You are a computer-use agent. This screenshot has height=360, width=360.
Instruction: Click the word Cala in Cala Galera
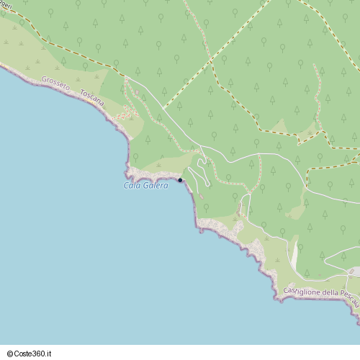[132, 186]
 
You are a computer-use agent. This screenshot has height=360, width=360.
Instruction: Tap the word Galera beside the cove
[154, 186]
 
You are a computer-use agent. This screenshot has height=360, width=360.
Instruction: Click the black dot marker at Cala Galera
[180, 180]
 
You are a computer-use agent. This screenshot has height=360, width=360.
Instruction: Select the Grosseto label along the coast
[55, 84]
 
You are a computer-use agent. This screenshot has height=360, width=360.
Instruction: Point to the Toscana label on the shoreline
[92, 99]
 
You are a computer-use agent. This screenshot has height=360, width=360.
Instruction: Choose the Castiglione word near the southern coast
[301, 291]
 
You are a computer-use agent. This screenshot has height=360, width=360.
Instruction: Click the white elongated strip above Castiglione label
[294, 256]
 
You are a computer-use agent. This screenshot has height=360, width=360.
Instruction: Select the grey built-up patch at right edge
[354, 271]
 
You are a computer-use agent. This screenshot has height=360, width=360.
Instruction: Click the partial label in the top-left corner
[6, 4]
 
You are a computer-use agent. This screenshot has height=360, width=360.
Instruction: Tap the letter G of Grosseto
[44, 79]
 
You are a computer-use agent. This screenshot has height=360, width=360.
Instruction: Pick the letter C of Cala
[127, 186]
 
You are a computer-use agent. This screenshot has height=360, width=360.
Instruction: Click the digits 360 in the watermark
[40, 354]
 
